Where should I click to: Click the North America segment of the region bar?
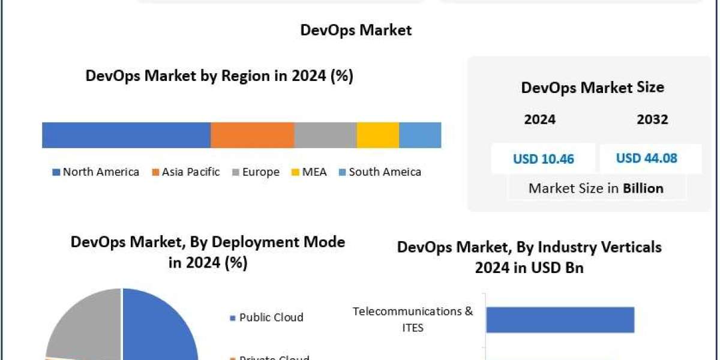click(126, 135)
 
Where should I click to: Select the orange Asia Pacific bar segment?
click(252, 135)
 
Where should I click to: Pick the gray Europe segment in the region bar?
click(325, 135)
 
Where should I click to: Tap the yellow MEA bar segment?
click(377, 135)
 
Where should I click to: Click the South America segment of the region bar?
click(420, 135)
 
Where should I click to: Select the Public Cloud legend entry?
click(266, 317)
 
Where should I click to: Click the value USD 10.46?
click(543, 159)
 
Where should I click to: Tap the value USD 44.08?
click(646, 158)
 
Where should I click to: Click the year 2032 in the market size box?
click(652, 119)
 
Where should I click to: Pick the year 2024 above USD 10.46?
click(539, 119)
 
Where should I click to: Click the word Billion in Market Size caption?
click(643, 188)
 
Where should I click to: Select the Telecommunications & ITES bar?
click(560, 319)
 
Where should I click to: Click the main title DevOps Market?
click(356, 30)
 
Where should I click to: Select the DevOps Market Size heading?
click(592, 88)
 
